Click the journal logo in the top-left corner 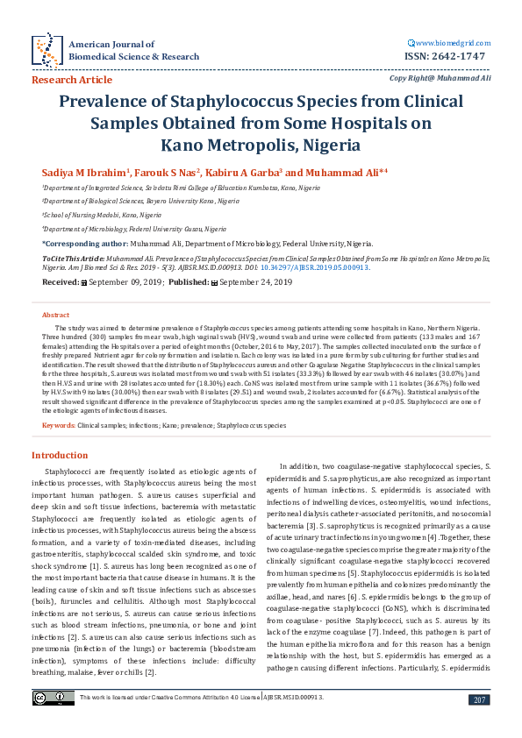coord(45,50)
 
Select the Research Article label coord(72,79)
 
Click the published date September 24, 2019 coord(254,282)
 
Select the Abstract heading coord(56,314)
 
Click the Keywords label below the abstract coord(58,425)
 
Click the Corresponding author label coord(84,243)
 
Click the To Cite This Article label coord(72,260)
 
